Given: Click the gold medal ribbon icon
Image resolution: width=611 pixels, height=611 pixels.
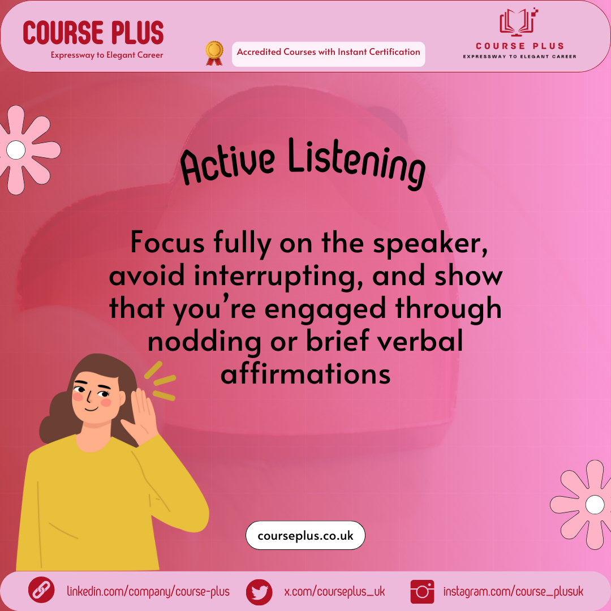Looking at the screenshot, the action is [x=214, y=53].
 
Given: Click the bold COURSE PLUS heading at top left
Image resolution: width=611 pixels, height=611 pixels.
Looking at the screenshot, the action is [x=93, y=33].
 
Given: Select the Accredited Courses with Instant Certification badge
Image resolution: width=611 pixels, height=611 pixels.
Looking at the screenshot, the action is [x=328, y=54].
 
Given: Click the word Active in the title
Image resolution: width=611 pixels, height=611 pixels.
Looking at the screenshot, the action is [x=227, y=163].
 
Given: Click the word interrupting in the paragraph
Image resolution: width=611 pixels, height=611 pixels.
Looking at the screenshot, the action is [x=278, y=277].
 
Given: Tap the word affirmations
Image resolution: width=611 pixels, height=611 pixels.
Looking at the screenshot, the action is [x=305, y=373].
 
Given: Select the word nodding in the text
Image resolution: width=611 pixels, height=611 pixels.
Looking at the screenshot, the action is [x=204, y=342].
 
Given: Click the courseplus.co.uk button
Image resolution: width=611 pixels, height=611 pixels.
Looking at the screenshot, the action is [x=305, y=535].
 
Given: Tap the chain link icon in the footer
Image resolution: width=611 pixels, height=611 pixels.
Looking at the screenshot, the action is [x=41, y=590].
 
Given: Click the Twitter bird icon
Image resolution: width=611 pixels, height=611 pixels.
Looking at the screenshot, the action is [x=259, y=592].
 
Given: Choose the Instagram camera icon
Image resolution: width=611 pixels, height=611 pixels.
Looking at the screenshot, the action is [x=423, y=592].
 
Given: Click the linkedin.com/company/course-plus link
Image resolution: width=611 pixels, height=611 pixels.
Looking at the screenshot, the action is [x=148, y=592].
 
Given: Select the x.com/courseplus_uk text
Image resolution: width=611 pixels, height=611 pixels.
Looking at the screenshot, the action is [x=334, y=592].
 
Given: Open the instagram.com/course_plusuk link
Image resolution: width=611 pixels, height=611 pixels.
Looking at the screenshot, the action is [x=513, y=592].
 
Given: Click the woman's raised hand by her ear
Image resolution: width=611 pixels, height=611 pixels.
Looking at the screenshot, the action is [x=141, y=418].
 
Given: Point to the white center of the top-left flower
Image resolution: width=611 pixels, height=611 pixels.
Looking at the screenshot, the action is [x=16, y=150].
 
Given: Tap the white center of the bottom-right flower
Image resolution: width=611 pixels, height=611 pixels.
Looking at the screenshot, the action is [x=595, y=505].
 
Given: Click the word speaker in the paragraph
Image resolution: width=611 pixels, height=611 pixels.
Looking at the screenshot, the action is [x=430, y=244].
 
